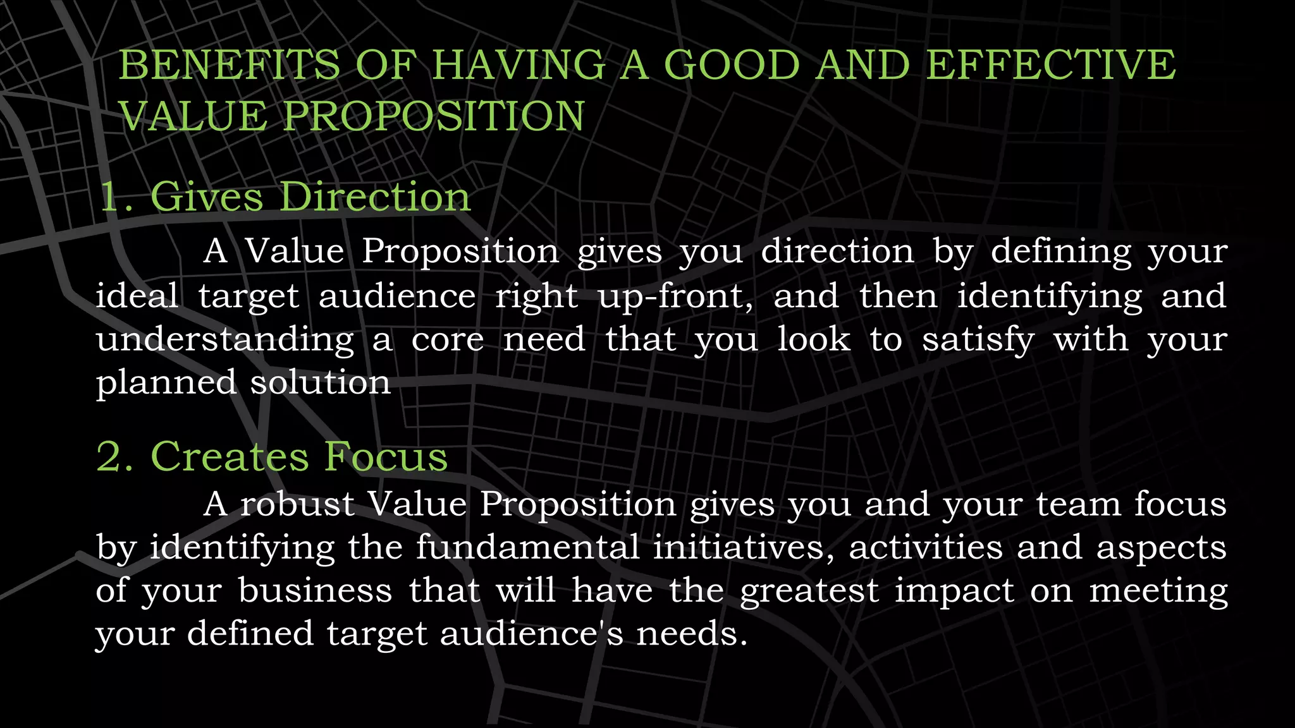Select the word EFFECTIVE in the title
pos(1050,65)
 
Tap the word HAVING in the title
pos(518,65)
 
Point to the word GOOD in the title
pos(732,65)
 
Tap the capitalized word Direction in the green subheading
pos(375,197)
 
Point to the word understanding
pos(225,340)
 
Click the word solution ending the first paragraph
pos(321,383)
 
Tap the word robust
pos(297,505)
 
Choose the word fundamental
pos(527,547)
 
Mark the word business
pos(315,591)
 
